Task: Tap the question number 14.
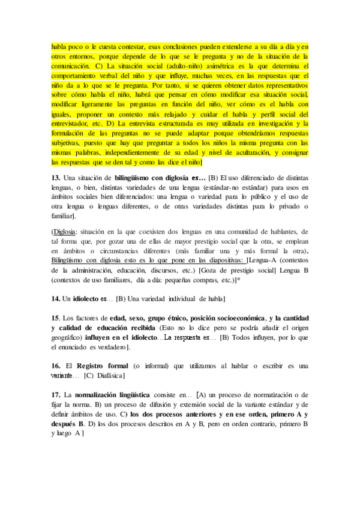[56, 298]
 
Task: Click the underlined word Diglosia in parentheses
[64, 231]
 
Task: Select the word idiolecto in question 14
[86, 298]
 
